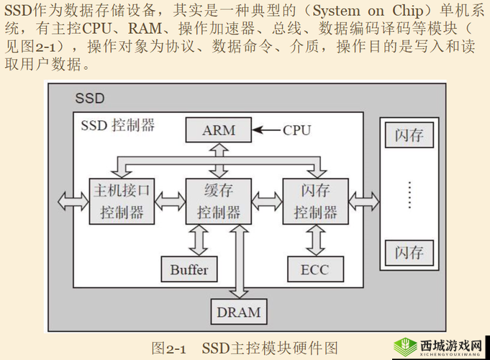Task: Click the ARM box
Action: [219, 130]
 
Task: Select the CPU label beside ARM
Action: [296, 130]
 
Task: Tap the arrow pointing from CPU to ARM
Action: [268, 130]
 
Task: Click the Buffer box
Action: [189, 270]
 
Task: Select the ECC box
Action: [314, 270]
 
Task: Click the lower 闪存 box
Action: [409, 253]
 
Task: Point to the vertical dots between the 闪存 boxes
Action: [409, 194]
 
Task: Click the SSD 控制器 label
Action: [117, 125]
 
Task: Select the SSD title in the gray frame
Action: [90, 98]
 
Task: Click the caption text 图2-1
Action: [169, 348]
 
